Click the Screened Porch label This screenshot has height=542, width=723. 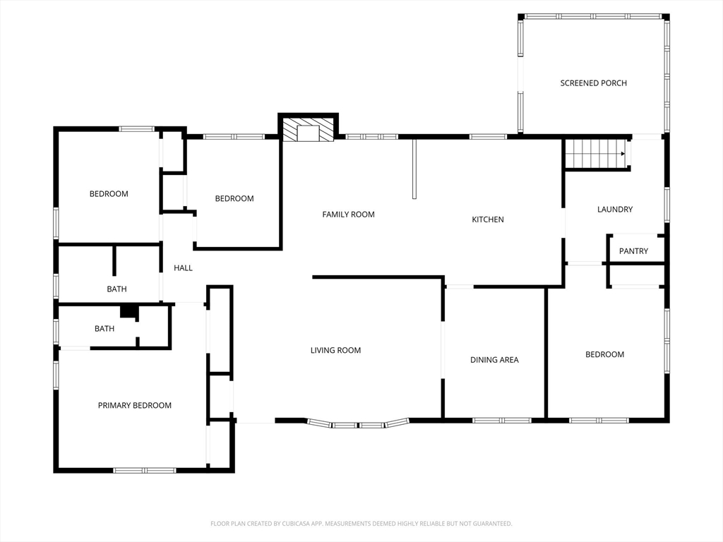[x=593, y=83]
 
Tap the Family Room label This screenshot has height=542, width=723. [x=348, y=215]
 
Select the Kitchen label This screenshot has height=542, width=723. [x=488, y=219]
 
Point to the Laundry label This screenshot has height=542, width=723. [x=615, y=209]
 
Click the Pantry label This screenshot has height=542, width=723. [x=633, y=251]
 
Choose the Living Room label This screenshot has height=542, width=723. [x=335, y=350]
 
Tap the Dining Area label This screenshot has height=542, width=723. [x=494, y=360]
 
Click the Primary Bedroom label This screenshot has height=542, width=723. [x=135, y=406]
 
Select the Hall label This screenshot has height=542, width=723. [x=183, y=267]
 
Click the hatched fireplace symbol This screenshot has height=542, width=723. [x=308, y=130]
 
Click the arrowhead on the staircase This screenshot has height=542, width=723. [x=623, y=154]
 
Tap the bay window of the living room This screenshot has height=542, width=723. [x=358, y=424]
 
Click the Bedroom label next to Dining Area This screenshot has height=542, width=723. [x=604, y=354]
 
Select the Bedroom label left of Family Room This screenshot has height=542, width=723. [x=234, y=198]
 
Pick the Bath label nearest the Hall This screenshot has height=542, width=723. [x=116, y=289]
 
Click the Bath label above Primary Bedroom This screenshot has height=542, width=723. [x=104, y=329]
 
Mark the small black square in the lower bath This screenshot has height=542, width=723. [x=129, y=312]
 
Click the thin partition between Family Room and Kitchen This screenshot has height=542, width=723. [x=414, y=169]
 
